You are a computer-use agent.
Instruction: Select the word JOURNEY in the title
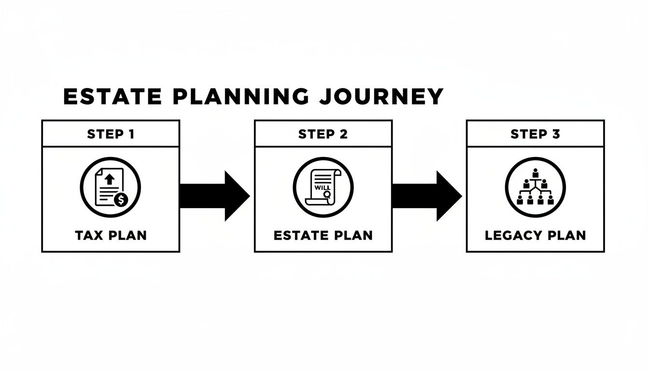coord(381,97)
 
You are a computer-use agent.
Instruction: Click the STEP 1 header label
coord(111,134)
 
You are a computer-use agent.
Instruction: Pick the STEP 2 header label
coord(323,134)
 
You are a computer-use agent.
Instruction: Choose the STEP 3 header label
coord(535,134)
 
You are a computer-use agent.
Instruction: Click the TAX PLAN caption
coord(111,235)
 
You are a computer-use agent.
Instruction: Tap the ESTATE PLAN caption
coord(323,235)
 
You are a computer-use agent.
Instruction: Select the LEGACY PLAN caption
coord(535,235)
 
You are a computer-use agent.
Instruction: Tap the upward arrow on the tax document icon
coord(109,179)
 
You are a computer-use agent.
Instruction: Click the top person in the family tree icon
coord(535,172)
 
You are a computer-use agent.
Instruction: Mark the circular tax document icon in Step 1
coord(111,187)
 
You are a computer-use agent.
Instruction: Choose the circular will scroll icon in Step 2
coord(323,187)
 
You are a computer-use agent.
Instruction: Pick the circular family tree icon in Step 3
coord(535,187)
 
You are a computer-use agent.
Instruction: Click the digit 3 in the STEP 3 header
coord(556,134)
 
